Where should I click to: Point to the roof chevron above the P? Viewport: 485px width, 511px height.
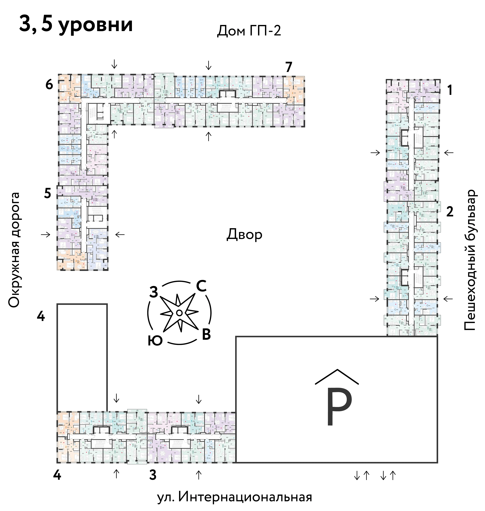tap(337, 377)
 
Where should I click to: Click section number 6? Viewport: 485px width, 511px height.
tap(49, 85)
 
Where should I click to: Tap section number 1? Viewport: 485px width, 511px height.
tap(450, 91)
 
